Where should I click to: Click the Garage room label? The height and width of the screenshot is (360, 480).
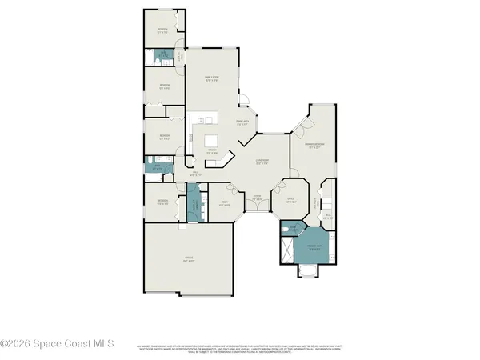click(x=188, y=259)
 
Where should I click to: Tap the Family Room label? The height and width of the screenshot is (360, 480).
click(x=213, y=78)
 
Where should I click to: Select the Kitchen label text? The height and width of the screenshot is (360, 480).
click(x=213, y=150)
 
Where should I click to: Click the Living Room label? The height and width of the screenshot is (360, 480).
click(x=261, y=162)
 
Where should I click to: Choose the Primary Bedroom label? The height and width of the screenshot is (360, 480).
click(x=312, y=146)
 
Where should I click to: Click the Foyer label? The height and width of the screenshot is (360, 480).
click(x=257, y=198)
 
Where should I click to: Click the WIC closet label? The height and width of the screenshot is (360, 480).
click(x=326, y=216)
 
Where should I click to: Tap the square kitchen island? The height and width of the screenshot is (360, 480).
click(x=209, y=121)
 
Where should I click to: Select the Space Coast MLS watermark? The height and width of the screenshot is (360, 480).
click(x=58, y=345)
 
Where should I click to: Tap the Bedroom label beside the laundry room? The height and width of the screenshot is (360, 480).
click(x=162, y=202)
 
